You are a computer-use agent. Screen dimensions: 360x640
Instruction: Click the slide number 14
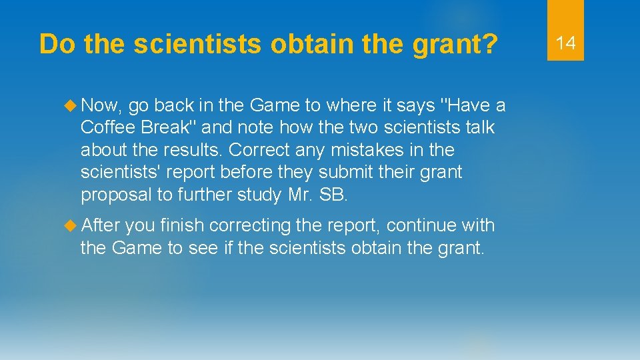coord(565,43)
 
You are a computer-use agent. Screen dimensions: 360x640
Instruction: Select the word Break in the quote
coord(165,127)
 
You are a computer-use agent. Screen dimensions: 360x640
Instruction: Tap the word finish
coord(183,226)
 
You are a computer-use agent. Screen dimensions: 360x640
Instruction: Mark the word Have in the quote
coord(467,105)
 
